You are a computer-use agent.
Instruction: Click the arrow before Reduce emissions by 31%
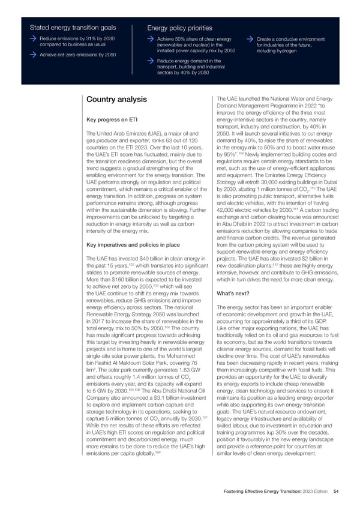[34, 39]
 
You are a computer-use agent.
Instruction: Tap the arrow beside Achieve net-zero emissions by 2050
[34, 55]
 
